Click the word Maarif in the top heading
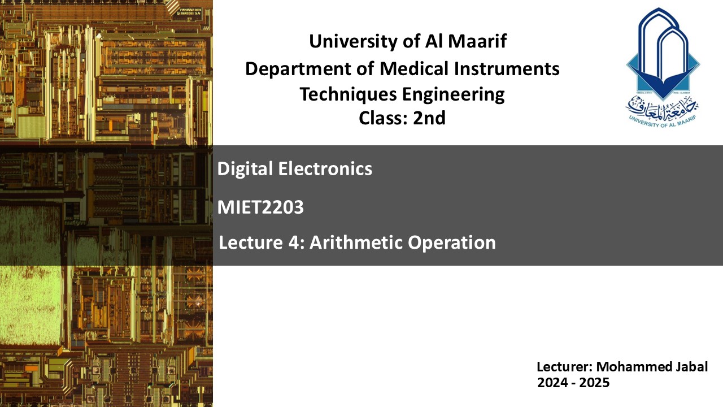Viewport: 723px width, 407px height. tap(477, 41)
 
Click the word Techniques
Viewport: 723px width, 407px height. tap(349, 94)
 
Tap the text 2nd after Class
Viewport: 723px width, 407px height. tap(429, 118)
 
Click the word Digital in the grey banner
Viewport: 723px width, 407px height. tap(245, 169)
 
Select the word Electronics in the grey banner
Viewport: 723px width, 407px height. tap(325, 168)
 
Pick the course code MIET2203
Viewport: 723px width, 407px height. tap(260, 207)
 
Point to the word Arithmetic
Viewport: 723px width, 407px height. tap(356, 243)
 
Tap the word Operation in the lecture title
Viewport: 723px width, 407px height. tap(451, 243)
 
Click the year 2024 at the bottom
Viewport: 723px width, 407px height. tap(552, 383)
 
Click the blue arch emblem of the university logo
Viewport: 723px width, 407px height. tap(663, 53)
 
